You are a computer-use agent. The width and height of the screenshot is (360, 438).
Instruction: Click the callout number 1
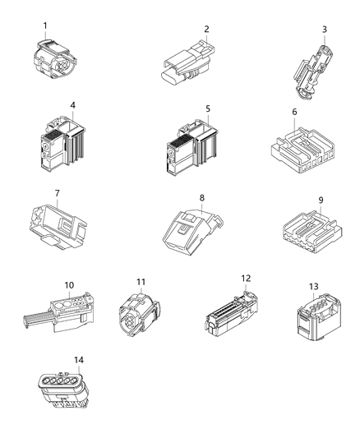pos(45,25)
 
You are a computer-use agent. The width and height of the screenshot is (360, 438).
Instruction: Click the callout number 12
pos(244,279)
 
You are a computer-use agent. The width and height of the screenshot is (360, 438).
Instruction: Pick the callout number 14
pos(78,359)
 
